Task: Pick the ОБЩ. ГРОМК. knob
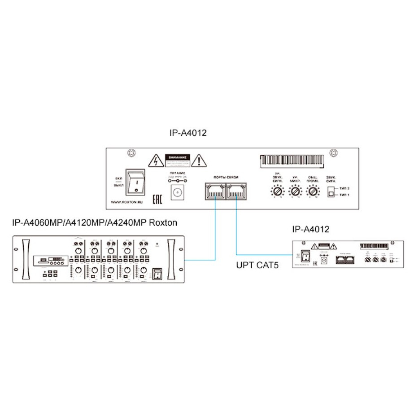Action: (x=312, y=192)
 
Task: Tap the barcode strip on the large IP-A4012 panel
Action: (x=292, y=160)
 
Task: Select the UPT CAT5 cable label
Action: (x=257, y=266)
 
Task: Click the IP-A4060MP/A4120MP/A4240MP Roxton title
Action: (x=95, y=222)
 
